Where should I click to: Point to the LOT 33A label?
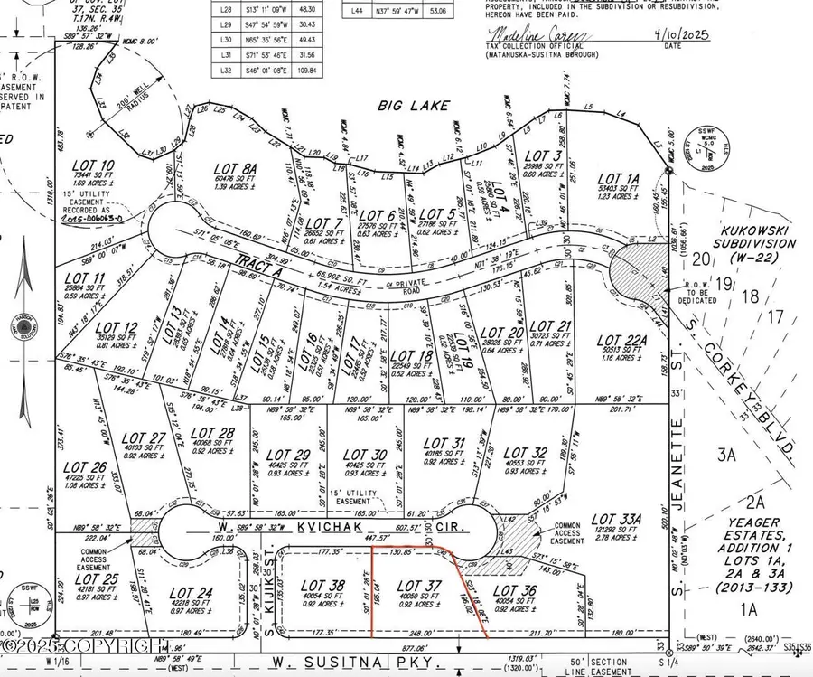click(615, 519)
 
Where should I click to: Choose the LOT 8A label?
click(236, 167)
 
